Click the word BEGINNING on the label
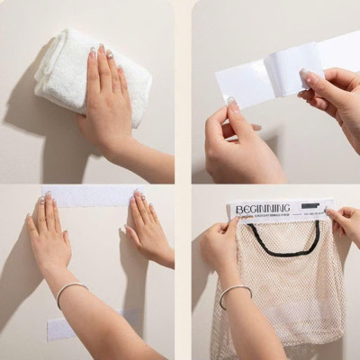(262, 210)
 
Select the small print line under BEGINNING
(270, 219)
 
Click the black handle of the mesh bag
(284, 243)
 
